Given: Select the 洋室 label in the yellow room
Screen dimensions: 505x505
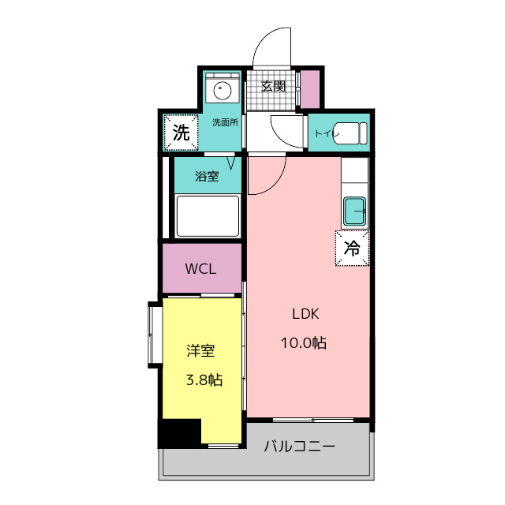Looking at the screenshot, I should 200,350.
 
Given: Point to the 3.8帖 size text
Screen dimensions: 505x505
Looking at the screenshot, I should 204,380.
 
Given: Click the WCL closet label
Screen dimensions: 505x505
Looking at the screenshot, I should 201,268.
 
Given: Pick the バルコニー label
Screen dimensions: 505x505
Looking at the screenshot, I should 299,447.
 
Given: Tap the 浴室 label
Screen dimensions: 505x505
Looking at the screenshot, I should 208,177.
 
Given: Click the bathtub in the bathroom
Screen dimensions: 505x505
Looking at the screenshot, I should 208,216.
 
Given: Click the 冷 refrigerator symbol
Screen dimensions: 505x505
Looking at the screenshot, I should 353,248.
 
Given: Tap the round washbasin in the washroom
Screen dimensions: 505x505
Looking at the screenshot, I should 221,90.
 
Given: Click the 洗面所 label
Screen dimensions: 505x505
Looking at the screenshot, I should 225,122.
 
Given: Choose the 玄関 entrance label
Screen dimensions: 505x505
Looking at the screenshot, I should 273,87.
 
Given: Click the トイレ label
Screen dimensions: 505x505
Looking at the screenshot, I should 324,133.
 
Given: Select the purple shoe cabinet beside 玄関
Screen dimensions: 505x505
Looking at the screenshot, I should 310,89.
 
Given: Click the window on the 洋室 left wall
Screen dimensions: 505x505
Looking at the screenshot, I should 154,334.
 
